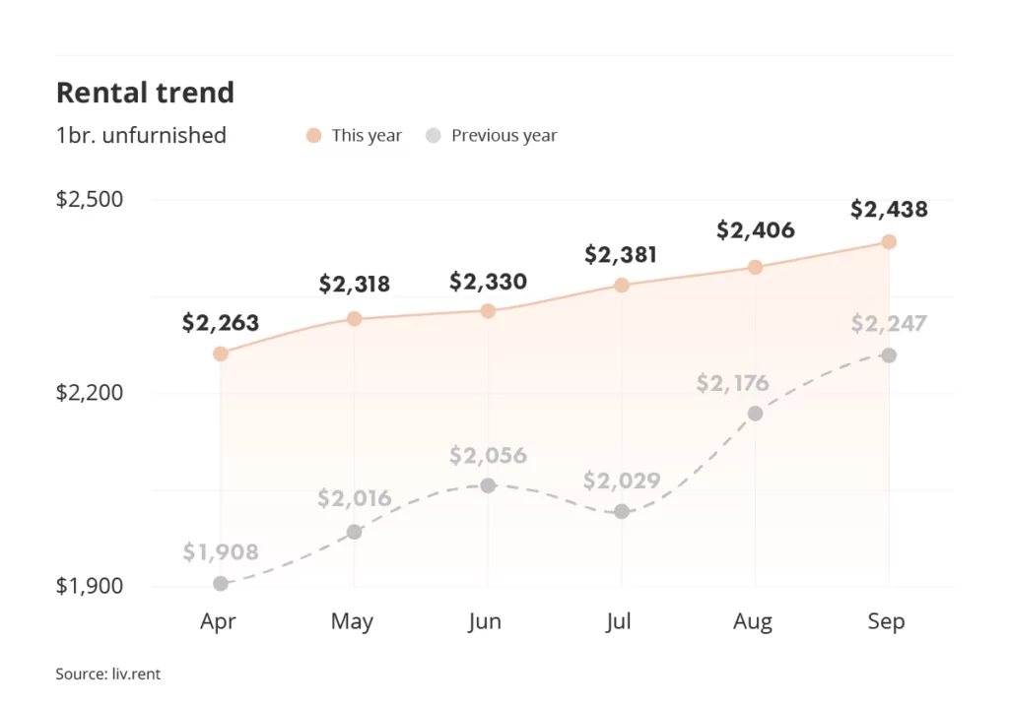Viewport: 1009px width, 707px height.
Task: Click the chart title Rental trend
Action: [x=145, y=93]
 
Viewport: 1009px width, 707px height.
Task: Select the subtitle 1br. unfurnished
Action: [x=141, y=135]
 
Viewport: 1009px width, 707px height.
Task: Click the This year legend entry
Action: [x=355, y=135]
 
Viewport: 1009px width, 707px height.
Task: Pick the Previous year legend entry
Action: [x=492, y=135]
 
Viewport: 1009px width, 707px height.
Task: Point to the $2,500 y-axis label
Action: [x=90, y=199]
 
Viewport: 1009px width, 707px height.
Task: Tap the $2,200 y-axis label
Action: [x=90, y=393]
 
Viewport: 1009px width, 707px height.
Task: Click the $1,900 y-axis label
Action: [x=90, y=586]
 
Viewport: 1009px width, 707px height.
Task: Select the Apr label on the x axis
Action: [x=218, y=621]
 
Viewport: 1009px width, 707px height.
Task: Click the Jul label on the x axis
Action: [x=620, y=621]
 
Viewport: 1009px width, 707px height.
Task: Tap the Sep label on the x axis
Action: [x=886, y=621]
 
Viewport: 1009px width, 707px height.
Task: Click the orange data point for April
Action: [x=221, y=353]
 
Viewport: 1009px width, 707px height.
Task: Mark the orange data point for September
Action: [x=888, y=241]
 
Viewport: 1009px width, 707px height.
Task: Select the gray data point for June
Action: [x=488, y=485]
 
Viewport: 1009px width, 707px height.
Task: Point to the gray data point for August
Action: [x=755, y=414]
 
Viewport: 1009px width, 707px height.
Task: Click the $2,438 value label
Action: [x=889, y=209]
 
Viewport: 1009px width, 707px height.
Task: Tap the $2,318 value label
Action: [x=354, y=285]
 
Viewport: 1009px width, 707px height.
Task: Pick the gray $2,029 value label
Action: [x=621, y=482]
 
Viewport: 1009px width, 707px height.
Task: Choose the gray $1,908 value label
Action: [x=221, y=552]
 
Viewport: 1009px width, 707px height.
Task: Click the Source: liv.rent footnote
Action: [x=107, y=675]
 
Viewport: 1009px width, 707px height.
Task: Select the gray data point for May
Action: [x=354, y=532]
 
